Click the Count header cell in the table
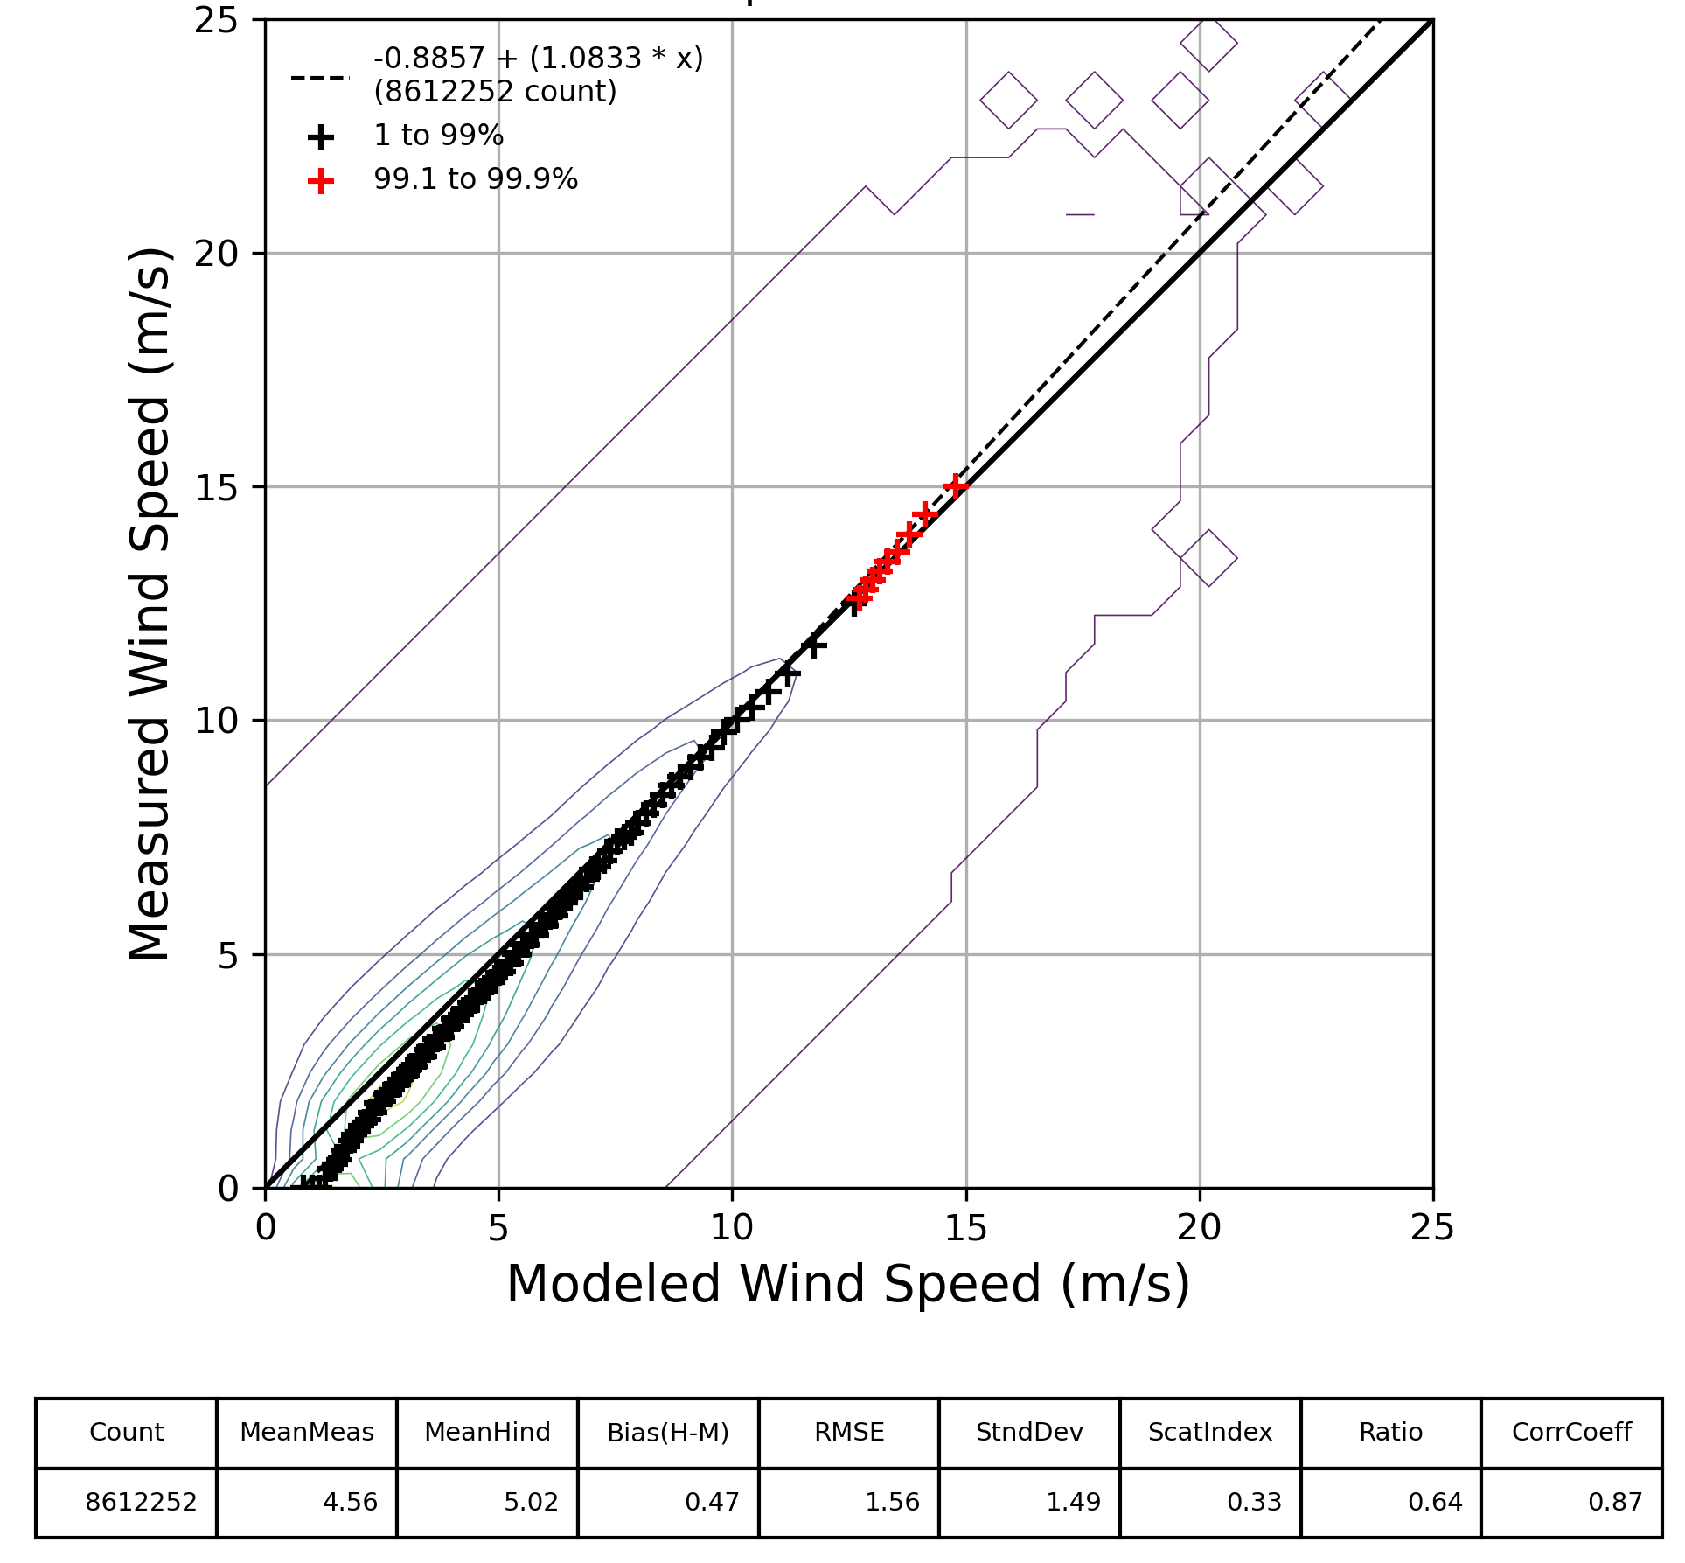126,1432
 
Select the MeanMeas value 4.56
350,1502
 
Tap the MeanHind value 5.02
530,1502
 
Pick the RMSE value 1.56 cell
892,1502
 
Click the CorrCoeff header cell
1571,1432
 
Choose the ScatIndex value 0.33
1254,1502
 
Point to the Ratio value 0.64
1435,1502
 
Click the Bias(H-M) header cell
668,1432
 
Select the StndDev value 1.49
1073,1502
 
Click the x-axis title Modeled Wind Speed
848,1284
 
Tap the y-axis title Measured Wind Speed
150,604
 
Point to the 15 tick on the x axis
966,1229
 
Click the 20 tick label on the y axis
216,254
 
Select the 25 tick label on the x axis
1432,1229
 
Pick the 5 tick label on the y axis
227,955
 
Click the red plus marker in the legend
321,181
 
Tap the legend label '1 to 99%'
438,136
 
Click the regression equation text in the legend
538,59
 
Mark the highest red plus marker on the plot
956,485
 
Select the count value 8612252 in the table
141,1502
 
